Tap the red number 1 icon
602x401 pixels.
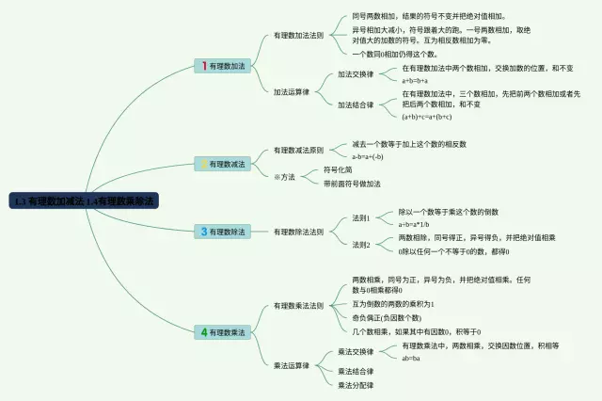(x=203, y=66)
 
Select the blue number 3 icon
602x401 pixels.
(x=203, y=231)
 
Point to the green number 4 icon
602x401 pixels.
(x=203, y=332)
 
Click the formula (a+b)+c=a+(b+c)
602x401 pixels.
(x=427, y=117)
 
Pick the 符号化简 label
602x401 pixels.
(x=337, y=169)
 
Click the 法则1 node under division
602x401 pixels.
(x=361, y=217)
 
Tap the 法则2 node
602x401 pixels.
(x=361, y=245)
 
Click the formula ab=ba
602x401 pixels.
(x=411, y=358)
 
